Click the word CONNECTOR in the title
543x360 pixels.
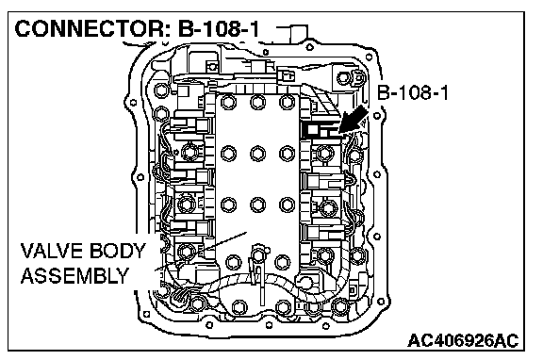click(90, 28)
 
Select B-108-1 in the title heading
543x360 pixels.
click(219, 28)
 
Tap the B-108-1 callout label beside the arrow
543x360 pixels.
click(413, 92)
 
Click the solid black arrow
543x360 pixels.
click(354, 120)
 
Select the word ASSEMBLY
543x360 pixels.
click(74, 276)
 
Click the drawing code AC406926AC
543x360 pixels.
click(463, 340)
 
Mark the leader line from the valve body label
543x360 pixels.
click(200, 251)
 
